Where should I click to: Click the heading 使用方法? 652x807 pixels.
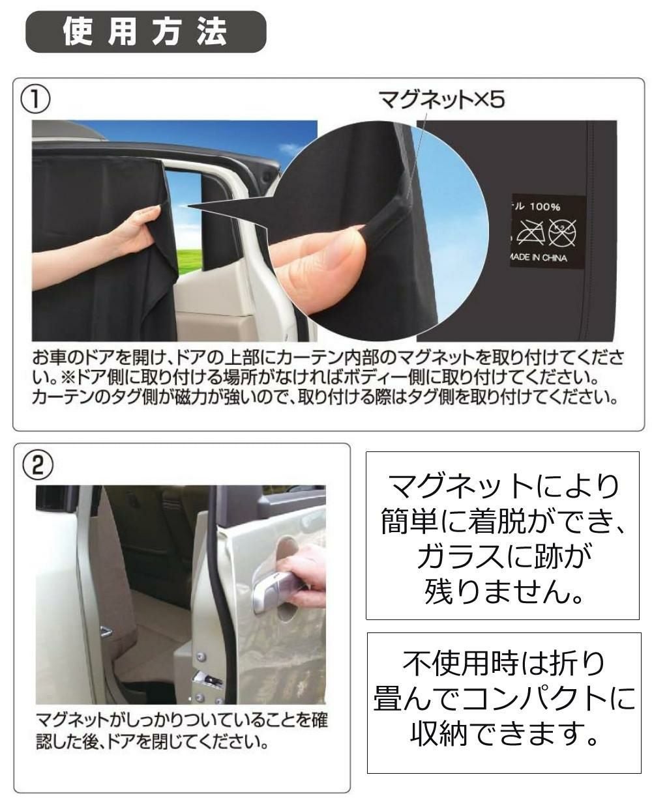point(145,32)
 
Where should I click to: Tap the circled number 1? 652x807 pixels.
point(35,98)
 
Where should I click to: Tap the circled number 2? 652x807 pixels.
point(38,465)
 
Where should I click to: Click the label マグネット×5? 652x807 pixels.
point(442,100)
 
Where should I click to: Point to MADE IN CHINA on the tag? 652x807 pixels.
point(538,258)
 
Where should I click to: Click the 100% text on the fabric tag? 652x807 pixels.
point(545,207)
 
